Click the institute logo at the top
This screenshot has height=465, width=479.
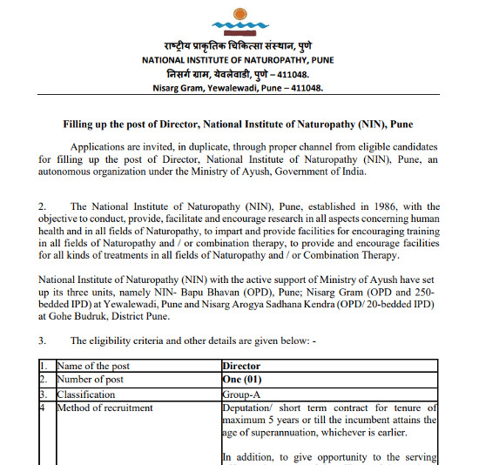[239, 19]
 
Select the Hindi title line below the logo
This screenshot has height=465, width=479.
[238, 44]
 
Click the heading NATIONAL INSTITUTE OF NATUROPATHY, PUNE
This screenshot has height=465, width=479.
[238, 59]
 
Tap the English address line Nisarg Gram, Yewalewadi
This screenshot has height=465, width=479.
[238, 87]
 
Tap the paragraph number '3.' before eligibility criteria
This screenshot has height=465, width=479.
[43, 340]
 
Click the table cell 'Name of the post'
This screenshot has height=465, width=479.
[95, 367]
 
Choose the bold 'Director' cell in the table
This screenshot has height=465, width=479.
[241, 367]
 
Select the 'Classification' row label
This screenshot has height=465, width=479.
[86, 394]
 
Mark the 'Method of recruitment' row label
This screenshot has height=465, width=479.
[105, 408]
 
